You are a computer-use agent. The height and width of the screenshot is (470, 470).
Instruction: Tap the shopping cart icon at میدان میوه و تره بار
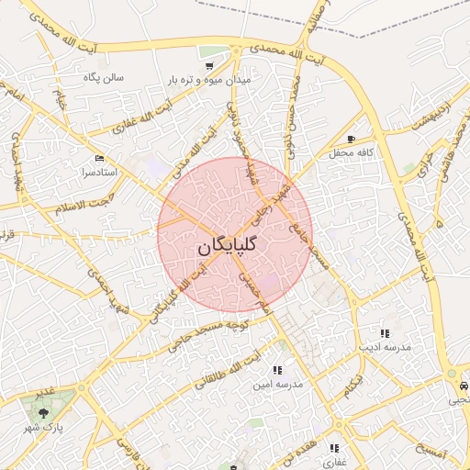point(210,66)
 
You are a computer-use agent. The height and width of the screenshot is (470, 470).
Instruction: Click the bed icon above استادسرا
point(98,158)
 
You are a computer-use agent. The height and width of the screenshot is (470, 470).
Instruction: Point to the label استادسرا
point(98,172)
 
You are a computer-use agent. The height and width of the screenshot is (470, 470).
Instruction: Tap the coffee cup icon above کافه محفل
point(351,139)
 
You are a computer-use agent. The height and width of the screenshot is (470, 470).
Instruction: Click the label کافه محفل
point(364,151)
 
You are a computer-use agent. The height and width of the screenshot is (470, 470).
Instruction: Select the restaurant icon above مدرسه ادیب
point(384,333)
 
